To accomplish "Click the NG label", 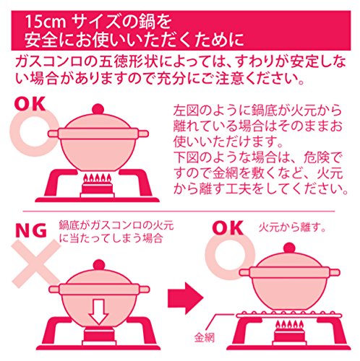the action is tap(31, 230).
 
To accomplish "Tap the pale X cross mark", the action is tap(36, 264).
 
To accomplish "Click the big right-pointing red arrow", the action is tap(186, 298).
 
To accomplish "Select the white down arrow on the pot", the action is tap(99, 312).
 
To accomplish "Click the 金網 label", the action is tap(205, 337).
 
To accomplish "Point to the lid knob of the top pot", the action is tap(98, 109).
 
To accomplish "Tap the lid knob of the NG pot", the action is tap(99, 265).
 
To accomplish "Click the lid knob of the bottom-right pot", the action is tap(289, 248).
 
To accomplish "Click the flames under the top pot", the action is tap(98, 178).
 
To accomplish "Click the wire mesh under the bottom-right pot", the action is tap(289, 315).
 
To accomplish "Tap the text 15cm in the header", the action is tap(46, 22).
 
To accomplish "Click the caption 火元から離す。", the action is tap(293, 227).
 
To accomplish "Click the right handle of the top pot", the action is tap(143, 134).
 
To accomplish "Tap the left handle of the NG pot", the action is tap(54, 289).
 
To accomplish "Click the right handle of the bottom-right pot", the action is tap(335, 273).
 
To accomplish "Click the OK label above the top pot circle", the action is tap(30, 104).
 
